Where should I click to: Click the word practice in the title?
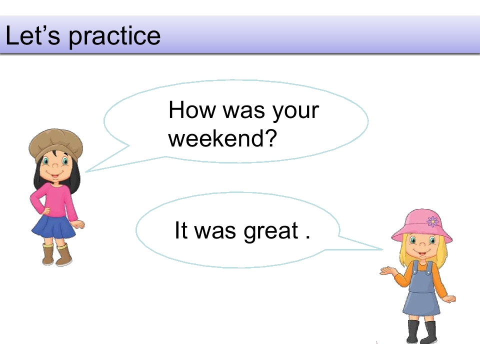click(114, 36)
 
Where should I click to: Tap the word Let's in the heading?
click(33, 35)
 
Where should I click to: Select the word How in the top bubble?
click(192, 109)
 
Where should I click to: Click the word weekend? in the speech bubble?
click(222, 138)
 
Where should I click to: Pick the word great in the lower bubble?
click(271, 231)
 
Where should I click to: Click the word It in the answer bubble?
click(181, 230)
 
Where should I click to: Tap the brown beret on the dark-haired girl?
click(55, 145)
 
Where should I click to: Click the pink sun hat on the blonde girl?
click(422, 225)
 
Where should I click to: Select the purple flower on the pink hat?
click(432, 221)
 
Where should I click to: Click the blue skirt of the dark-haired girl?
click(54, 227)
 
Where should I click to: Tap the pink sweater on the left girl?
click(54, 200)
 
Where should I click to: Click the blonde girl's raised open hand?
click(387, 270)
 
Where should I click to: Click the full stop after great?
click(307, 237)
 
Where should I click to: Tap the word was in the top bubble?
click(243, 111)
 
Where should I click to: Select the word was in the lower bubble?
click(215, 231)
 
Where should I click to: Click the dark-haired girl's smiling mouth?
click(55, 175)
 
